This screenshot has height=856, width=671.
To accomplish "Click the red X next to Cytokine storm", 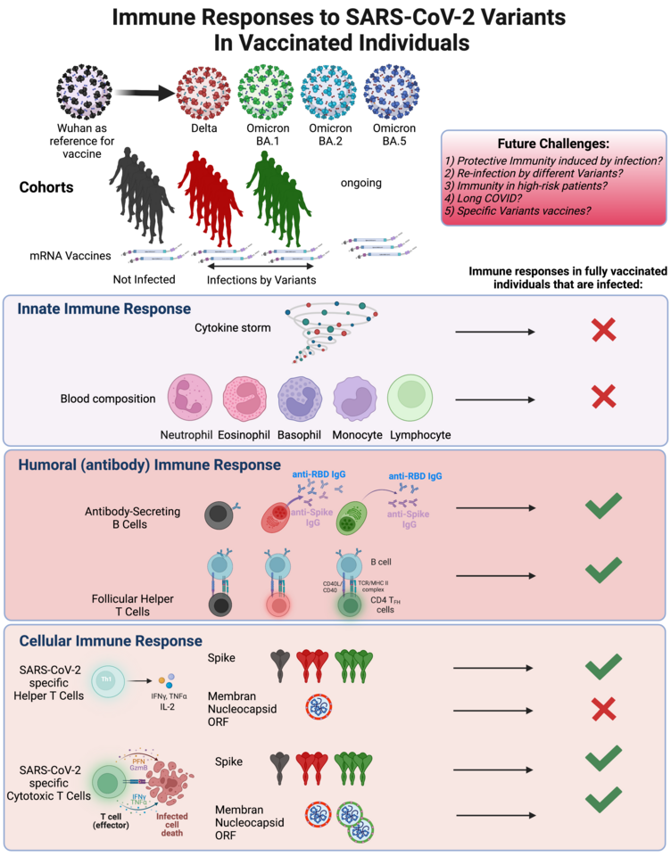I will pos(604,331).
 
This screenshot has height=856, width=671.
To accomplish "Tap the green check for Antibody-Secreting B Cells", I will pos(603,508).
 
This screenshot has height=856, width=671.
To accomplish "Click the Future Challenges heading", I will pos(553,142).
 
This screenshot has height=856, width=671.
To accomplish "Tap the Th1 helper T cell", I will pos(107,679).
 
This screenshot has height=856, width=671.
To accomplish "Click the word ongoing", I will pos(360,183).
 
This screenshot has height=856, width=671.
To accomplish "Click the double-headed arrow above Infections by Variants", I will pos(261,266).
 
